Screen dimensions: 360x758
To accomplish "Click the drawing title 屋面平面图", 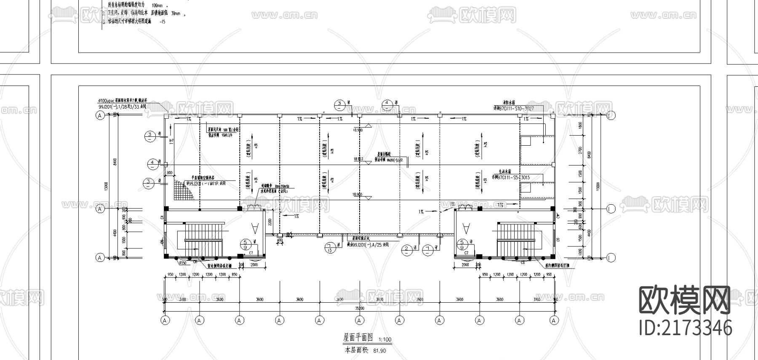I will pos(358,338).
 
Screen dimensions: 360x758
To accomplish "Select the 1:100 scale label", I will pos(385,340).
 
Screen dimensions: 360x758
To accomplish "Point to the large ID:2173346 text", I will pos(685,328).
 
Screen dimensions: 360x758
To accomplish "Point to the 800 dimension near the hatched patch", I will pos(170,173).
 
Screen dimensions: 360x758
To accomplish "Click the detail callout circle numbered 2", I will pos(406,250).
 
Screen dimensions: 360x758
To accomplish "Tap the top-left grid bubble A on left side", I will pos(100,115).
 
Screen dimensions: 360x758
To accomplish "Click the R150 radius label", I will pos(183,263).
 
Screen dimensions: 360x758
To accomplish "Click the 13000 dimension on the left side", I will pos(106,186).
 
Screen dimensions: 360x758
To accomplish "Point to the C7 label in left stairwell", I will pos(251,253).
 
